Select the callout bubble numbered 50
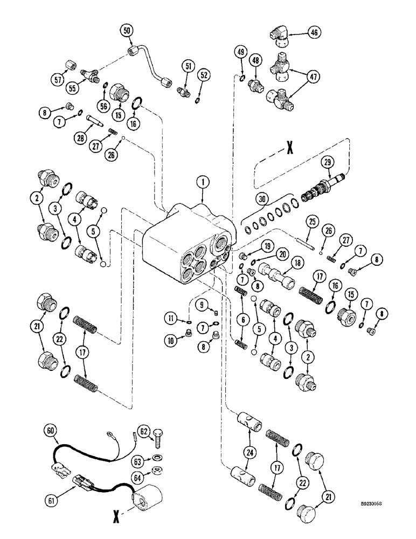pos(127,31)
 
